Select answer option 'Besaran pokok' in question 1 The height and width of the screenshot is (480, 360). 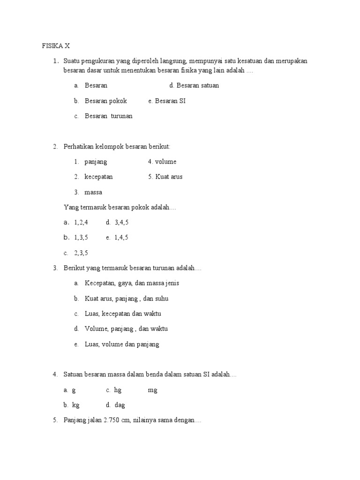pos(105,101)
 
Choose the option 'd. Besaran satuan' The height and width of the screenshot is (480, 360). pos(194,86)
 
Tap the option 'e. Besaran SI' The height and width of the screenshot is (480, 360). pos(166,101)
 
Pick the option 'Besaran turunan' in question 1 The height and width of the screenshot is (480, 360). pos(108,116)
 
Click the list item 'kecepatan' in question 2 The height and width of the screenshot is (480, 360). pos(98,177)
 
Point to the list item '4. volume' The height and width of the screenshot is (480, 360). pos(162,162)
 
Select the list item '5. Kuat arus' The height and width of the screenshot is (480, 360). pos(165,177)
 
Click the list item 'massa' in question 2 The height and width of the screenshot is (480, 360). pos(93,192)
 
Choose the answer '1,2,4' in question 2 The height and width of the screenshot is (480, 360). pos(81,222)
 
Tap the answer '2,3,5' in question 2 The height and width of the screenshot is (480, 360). pos(81,253)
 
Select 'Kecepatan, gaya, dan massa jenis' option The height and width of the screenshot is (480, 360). pos(132,283)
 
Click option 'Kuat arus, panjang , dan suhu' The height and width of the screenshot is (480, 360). pos(126,299)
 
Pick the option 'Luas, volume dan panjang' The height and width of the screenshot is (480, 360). pos(122,344)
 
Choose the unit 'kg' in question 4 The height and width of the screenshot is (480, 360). pos(76,405)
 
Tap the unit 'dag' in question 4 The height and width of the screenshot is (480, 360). pos(120,405)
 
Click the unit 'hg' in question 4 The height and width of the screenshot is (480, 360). pos(118,390)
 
